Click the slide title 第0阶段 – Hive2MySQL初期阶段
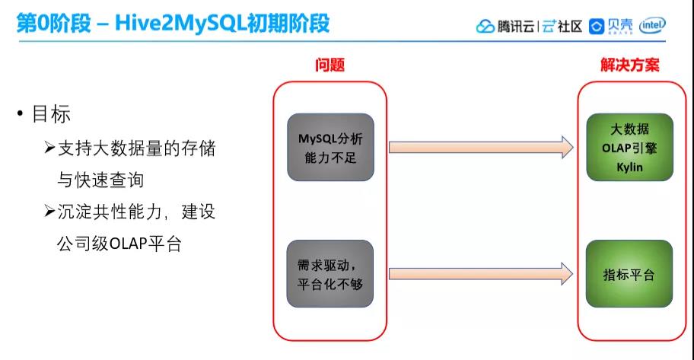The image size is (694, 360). [173, 24]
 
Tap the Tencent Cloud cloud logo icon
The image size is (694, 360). [485, 27]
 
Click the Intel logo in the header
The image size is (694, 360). [653, 25]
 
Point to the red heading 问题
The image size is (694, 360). [329, 65]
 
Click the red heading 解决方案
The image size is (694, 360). [629, 65]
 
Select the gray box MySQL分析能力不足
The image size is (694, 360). [330, 148]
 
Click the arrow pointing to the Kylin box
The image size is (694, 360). [481, 147]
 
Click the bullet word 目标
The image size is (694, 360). [51, 115]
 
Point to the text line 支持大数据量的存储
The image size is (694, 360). [136, 148]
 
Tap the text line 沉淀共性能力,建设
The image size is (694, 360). [136, 212]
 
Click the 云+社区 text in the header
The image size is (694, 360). [562, 27]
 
